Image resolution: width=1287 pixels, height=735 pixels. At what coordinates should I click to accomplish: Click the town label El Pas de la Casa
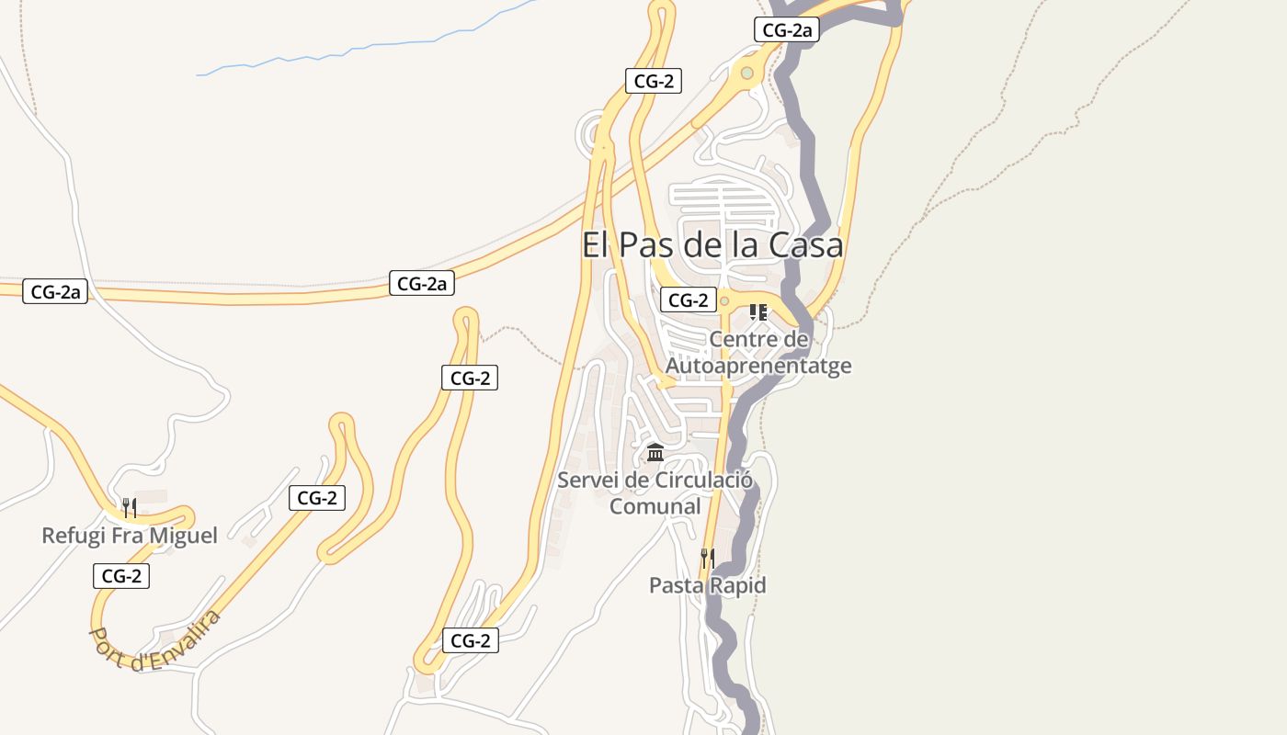coord(712,245)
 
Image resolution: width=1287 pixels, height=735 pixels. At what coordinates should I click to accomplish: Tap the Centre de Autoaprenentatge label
coord(758,353)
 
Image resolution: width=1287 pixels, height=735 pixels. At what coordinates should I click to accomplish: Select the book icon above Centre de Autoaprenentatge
coord(758,312)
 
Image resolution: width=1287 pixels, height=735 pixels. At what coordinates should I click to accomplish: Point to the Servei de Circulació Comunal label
coord(655,492)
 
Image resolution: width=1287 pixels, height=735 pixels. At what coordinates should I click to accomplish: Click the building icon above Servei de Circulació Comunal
coord(655,452)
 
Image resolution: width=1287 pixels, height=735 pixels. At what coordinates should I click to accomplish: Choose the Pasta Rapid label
coord(708,585)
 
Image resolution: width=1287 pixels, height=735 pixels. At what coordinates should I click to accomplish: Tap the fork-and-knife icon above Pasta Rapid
coord(708,557)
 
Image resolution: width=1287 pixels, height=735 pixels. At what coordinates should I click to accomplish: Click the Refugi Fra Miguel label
coord(130,536)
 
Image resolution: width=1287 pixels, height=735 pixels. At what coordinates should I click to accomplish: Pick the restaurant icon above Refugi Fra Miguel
coord(130,507)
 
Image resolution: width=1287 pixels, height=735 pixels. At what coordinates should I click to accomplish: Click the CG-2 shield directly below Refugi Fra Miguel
coord(120,576)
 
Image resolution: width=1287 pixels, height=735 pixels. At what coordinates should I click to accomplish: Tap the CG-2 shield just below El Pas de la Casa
coord(688,300)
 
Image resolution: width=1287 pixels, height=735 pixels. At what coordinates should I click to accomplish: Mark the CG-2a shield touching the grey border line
coord(786,29)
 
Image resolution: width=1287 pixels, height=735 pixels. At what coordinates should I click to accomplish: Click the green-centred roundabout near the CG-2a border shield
coord(747,73)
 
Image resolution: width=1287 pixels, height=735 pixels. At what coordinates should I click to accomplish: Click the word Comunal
coord(655,506)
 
